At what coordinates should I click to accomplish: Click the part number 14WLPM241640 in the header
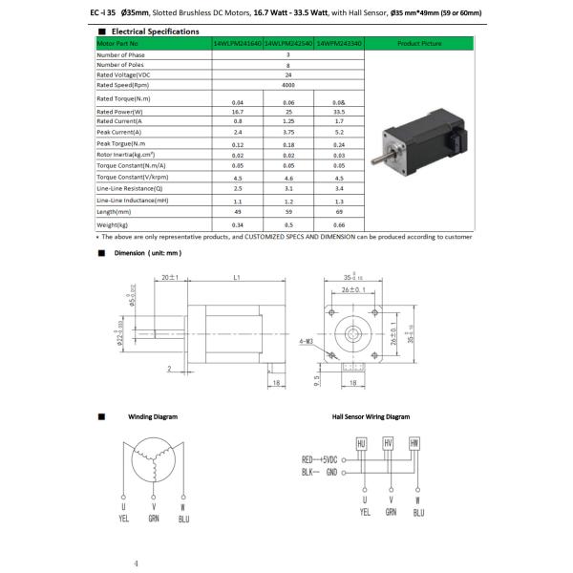tap(236, 43)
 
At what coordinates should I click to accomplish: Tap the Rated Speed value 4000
tap(288, 84)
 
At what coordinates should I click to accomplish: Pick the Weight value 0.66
tap(339, 223)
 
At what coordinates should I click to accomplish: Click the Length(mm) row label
tap(118, 211)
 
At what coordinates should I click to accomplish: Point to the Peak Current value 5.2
tap(339, 133)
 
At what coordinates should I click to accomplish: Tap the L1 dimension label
tap(236, 278)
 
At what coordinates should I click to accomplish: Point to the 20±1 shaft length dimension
tap(172, 278)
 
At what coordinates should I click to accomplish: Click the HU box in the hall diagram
tap(361, 444)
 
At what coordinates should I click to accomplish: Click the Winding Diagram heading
tap(154, 416)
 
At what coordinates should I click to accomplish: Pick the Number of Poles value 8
tap(288, 64)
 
